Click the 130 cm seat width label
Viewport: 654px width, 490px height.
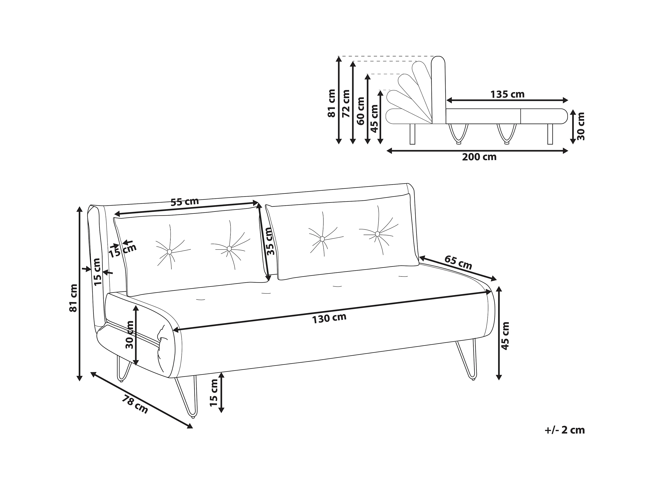click(329, 318)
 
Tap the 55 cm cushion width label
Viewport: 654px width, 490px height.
click(185, 202)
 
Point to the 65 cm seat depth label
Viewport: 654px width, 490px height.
click(458, 262)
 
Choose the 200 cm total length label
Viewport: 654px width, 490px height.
click(479, 157)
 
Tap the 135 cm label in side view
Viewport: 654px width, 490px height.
click(507, 94)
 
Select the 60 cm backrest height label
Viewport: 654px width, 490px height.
click(361, 111)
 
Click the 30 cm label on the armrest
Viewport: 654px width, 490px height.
click(130, 334)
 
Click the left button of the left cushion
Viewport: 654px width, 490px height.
click(170, 252)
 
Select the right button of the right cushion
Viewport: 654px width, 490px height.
click(377, 234)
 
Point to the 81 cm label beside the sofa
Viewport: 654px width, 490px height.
click(73, 298)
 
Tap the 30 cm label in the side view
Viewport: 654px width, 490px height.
click(581, 126)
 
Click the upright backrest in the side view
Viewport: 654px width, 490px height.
click(438, 90)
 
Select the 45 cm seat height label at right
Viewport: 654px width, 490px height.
click(506, 336)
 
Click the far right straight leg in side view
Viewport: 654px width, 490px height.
click(550, 134)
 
